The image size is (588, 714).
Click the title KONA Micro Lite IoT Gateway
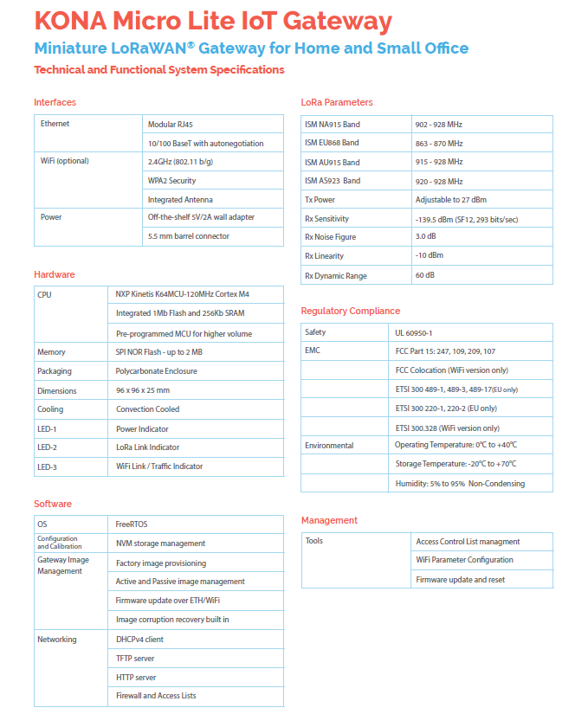[213, 22]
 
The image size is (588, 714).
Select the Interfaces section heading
[55, 102]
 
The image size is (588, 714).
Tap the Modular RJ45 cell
[171, 125]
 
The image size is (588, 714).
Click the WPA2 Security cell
[171, 181]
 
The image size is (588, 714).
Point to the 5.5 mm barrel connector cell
[188, 236]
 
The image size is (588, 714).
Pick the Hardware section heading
[55, 274]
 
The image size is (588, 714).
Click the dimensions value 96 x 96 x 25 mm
[143, 390]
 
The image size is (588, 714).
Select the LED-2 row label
[47, 447]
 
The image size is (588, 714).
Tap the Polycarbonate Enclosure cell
[157, 371]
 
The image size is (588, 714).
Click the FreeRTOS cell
[132, 524]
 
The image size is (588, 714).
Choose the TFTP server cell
[135, 659]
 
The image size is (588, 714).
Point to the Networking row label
[57, 640]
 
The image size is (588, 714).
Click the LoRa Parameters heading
[337, 102]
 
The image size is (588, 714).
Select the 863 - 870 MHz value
[439, 144]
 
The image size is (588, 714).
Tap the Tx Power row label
[320, 200]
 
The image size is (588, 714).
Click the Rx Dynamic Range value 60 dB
[426, 276]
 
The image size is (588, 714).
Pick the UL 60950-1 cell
[415, 332]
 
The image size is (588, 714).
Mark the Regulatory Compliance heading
[351, 311]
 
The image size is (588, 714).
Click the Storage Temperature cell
[456, 464]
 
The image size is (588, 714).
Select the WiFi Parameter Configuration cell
[465, 560]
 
